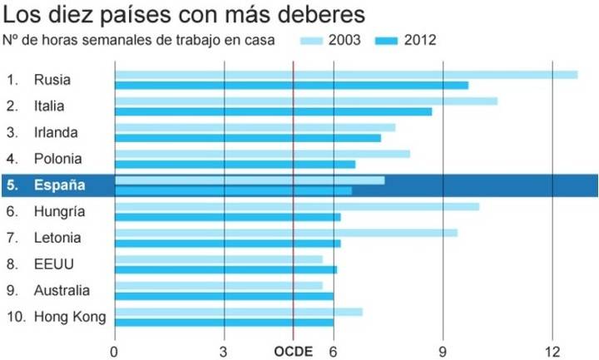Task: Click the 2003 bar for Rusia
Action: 345,75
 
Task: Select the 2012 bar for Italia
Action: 273,111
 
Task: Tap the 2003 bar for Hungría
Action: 296,206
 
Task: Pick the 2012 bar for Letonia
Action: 227,243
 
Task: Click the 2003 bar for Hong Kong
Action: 238,312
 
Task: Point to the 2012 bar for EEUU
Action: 225,269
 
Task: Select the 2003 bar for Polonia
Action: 262,154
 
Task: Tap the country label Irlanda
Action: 57,132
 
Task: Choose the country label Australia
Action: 62,290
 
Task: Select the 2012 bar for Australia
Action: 224,296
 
